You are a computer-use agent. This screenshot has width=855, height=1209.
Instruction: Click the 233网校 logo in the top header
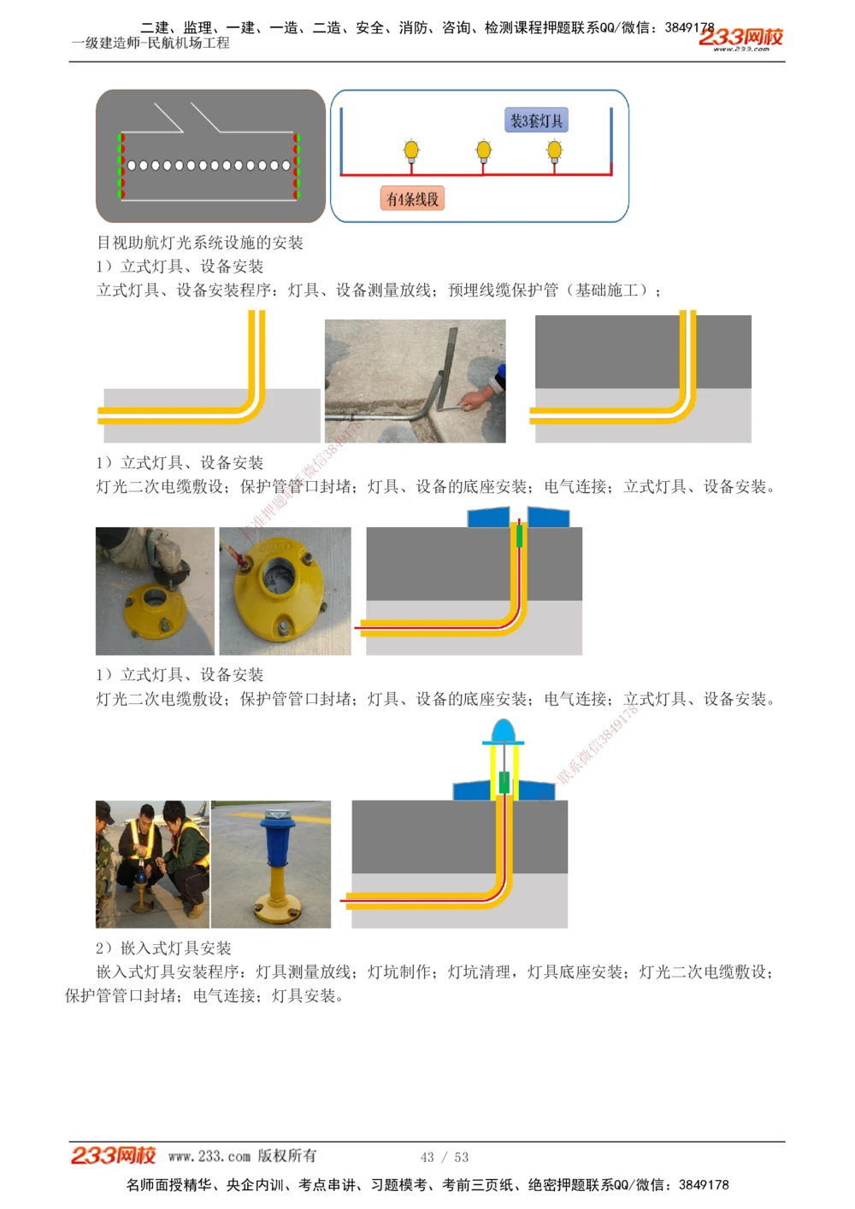(x=740, y=38)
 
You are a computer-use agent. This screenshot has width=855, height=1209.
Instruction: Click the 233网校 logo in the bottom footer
(x=113, y=1155)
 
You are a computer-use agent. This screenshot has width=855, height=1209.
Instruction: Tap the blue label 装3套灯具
(x=536, y=120)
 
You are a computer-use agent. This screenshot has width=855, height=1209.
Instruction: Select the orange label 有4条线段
(x=412, y=199)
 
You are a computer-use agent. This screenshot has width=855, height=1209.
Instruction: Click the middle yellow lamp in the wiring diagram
(x=484, y=151)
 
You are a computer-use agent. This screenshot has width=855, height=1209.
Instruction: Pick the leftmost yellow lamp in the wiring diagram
(x=411, y=151)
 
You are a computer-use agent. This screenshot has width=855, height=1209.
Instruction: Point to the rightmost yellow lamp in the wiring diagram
(x=554, y=151)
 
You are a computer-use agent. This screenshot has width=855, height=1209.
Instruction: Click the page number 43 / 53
(x=444, y=1157)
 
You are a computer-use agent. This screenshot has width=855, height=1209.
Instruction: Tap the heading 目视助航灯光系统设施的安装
(x=200, y=243)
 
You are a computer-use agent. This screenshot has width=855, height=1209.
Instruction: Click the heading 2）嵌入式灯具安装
(x=163, y=948)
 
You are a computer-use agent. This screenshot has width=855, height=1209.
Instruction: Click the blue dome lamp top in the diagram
(x=503, y=731)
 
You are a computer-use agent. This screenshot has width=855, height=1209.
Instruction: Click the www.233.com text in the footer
(x=209, y=1156)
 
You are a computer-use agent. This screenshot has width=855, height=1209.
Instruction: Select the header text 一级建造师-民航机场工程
(x=150, y=43)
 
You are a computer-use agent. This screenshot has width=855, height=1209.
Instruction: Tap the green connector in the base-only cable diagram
(x=519, y=536)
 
